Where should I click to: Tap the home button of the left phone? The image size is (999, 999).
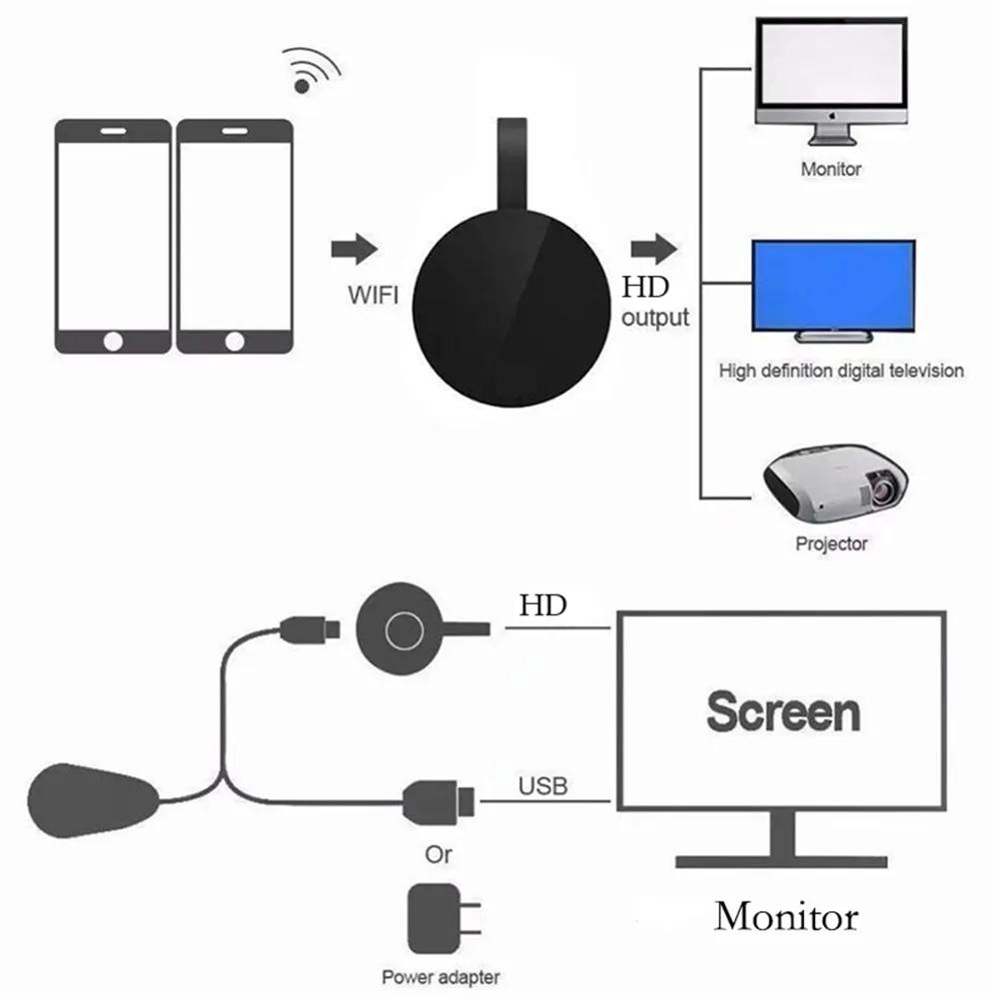point(113,342)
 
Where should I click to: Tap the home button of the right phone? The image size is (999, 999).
point(235,342)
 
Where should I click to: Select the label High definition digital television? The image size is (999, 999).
point(841,371)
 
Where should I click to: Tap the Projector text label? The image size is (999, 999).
point(831,544)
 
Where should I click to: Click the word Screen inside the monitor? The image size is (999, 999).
point(782,712)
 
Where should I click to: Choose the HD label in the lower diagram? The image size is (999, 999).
point(542,605)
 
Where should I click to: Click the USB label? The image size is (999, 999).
point(542,786)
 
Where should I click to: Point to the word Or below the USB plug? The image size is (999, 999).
point(438,854)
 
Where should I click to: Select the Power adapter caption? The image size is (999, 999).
point(441,977)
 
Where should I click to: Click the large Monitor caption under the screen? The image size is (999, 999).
point(786,916)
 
